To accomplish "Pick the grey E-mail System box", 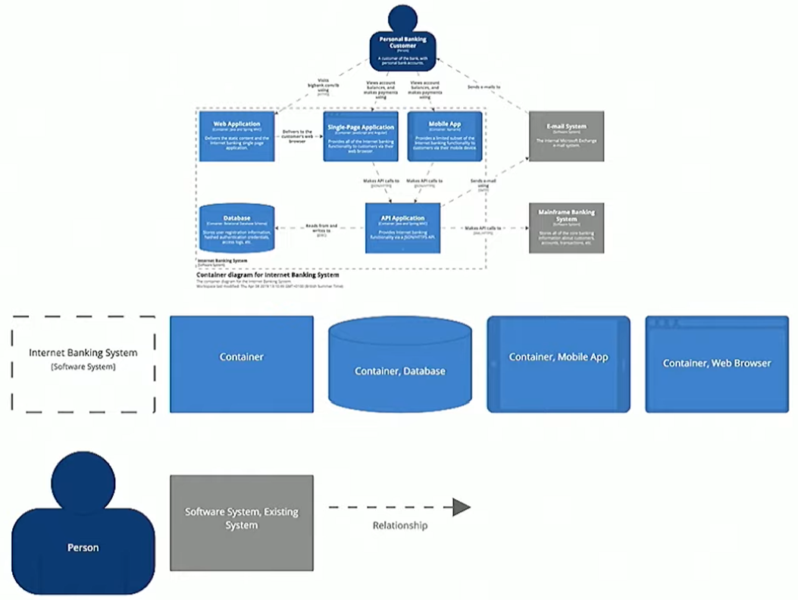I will [566, 136].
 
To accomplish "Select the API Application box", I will [402, 227].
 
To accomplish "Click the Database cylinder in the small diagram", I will [236, 227].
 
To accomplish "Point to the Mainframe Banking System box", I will [566, 227].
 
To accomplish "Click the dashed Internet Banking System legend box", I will [83, 364].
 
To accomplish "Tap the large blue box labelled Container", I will [241, 364].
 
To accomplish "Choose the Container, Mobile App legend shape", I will [559, 364].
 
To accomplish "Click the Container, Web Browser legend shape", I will [716, 364].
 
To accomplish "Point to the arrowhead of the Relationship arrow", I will [462, 508].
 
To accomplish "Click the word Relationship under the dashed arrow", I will [399, 526].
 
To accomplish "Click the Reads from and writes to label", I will [321, 228].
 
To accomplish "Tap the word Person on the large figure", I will [83, 548].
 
